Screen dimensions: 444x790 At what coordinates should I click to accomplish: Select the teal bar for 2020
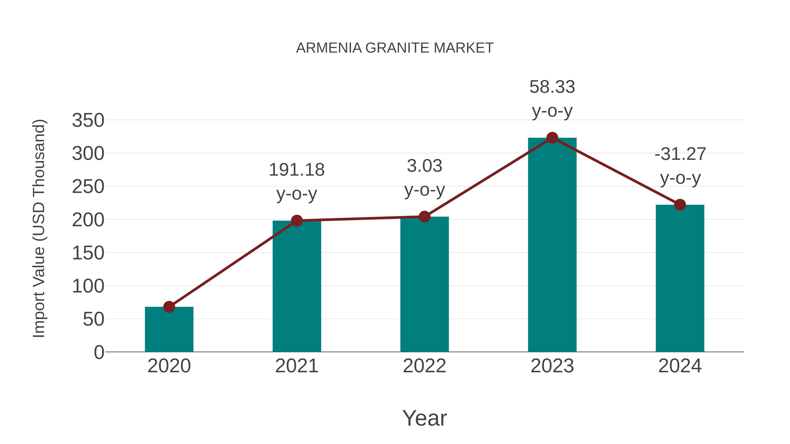tap(169, 329)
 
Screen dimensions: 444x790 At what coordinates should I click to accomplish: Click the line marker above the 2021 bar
tap(296, 221)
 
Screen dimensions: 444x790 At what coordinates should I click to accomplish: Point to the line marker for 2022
tap(424, 217)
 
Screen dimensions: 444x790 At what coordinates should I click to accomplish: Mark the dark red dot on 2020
tap(169, 307)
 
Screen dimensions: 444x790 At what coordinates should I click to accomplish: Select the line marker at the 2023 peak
tap(552, 138)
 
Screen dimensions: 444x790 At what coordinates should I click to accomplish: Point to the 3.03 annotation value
tap(424, 166)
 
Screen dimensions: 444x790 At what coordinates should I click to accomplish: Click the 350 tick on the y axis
tap(88, 120)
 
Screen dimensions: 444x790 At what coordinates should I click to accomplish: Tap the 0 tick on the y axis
tap(99, 352)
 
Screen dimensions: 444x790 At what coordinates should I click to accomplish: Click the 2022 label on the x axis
tap(424, 366)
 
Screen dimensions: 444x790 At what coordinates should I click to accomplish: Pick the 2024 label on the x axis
tap(680, 366)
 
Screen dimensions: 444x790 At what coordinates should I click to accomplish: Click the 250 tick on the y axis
tap(88, 187)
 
